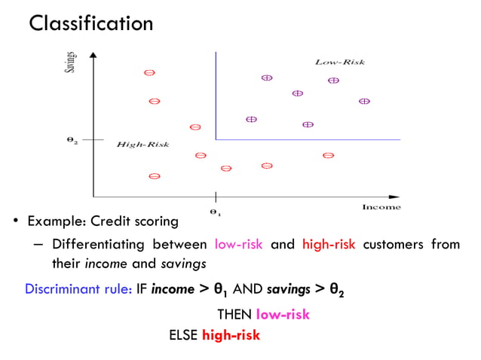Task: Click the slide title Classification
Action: click(90, 23)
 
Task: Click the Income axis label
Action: click(381, 207)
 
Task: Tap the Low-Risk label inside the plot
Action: click(339, 62)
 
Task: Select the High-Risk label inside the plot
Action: click(142, 144)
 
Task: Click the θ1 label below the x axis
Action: click(215, 212)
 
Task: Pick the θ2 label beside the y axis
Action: click(71, 140)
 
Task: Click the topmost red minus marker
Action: click(149, 73)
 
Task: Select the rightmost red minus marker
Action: click(328, 156)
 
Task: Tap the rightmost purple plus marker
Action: click(364, 101)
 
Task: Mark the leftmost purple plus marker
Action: click(251, 119)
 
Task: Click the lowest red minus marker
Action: click(154, 176)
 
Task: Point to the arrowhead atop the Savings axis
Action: click(92, 55)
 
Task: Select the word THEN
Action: click(235, 315)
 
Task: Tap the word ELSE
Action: click(184, 335)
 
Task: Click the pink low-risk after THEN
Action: click(283, 315)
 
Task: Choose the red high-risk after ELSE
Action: click(231, 335)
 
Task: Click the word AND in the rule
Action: click(248, 289)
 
